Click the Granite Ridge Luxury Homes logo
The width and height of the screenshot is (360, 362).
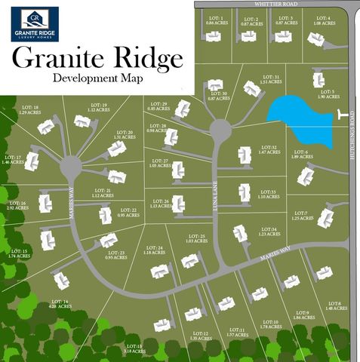coord(35,24)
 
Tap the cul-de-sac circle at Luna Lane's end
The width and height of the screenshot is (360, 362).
coord(220,130)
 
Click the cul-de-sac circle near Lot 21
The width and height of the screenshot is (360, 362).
coord(72,165)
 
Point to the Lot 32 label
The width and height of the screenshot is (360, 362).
coord(269,149)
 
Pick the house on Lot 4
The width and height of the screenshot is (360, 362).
coord(315,40)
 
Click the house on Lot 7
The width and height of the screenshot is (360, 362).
coord(325,218)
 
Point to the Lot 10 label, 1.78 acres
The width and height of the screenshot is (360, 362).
coord(269,324)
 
